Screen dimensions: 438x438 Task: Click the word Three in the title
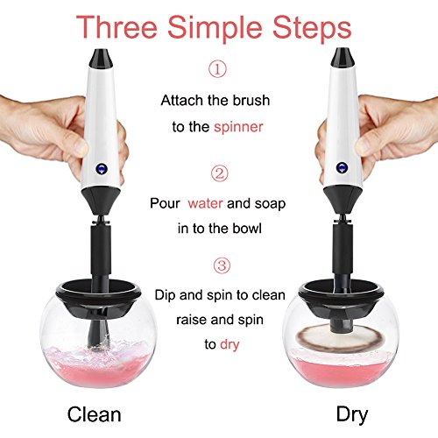117,27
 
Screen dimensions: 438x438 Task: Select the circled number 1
217,69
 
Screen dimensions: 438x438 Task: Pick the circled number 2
220,173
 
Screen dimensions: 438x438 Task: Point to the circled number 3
222,265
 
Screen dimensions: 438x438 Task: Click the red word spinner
238,127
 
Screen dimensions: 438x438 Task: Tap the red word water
205,203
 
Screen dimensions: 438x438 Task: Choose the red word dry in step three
230,344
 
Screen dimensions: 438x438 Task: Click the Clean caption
94,414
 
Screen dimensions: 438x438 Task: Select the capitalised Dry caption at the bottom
352,414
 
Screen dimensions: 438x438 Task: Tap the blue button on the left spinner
102,168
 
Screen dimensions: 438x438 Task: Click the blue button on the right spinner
342,167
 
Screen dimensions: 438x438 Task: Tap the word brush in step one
251,101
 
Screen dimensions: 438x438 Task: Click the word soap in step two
270,204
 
